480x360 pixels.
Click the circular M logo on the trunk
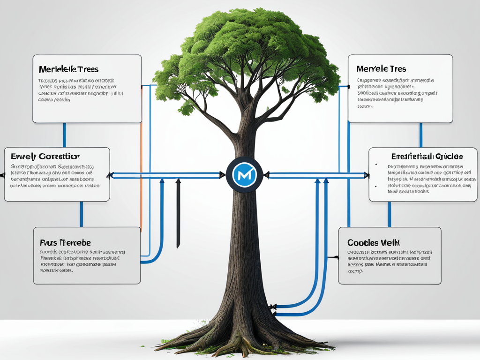[242, 174]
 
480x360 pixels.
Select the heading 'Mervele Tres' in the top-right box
[381, 68]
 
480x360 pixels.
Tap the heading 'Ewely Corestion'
[45, 156]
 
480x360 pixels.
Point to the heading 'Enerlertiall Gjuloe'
[427, 156]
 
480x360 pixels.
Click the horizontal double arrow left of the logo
[166, 175]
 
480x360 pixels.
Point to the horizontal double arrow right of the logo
[316, 175]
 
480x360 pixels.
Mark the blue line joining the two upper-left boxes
[64, 135]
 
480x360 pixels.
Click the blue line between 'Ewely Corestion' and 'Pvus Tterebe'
[81, 214]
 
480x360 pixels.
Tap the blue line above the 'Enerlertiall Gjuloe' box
[420, 135]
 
